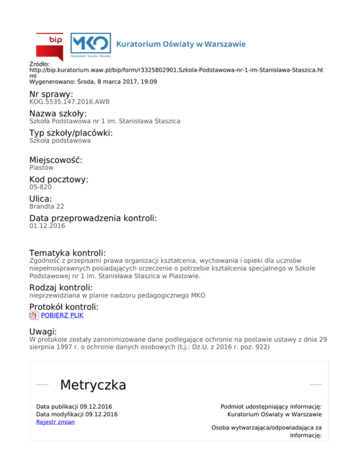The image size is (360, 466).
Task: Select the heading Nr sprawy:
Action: point(51,94)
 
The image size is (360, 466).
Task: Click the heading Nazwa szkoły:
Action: point(58,113)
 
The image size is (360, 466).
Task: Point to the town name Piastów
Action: point(41,167)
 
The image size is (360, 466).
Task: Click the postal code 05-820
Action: point(40,187)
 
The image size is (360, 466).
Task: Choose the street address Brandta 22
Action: point(46,206)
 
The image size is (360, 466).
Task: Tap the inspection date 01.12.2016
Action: point(47,226)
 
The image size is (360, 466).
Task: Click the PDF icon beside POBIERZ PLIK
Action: point(34,316)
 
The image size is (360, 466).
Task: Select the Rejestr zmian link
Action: point(55,422)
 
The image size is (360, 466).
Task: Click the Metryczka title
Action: point(93,385)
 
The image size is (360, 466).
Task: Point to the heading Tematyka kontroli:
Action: point(67,253)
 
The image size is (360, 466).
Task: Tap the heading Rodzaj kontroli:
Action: point(61,287)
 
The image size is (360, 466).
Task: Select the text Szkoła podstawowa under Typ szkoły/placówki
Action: point(60,140)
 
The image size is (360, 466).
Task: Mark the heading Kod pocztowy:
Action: point(59,180)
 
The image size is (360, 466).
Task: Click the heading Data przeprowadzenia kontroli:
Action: point(93,218)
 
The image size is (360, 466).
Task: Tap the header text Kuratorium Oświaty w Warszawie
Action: point(181,45)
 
